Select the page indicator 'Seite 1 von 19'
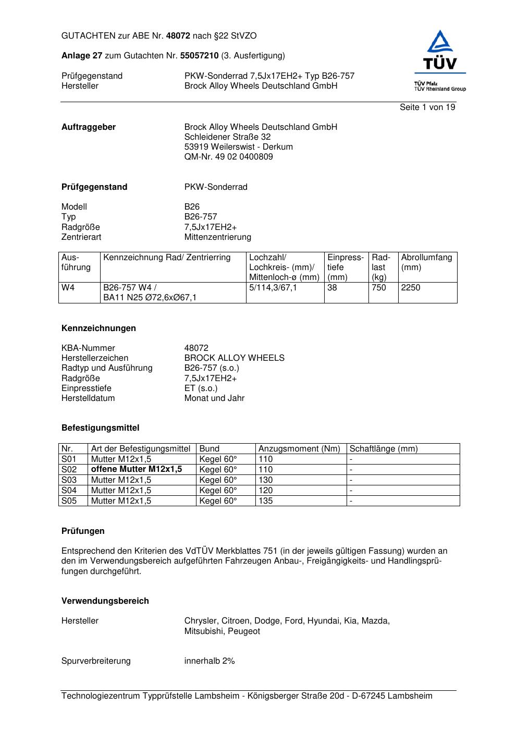(427, 107)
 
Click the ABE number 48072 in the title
(178, 36)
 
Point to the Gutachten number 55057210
(199, 56)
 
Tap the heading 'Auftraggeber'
(89, 127)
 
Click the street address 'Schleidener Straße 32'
(227, 137)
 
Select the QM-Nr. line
(228, 157)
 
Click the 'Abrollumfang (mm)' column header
(426, 262)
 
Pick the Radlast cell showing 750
(379, 288)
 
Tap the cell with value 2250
(411, 288)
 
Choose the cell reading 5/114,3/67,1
(273, 288)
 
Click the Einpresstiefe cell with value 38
(332, 288)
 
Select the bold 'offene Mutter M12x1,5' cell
(137, 469)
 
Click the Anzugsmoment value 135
(265, 501)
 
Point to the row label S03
(69, 480)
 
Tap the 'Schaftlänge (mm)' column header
(384, 449)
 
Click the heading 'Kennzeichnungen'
(99, 328)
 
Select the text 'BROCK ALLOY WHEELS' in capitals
(234, 358)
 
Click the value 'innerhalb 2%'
(210, 661)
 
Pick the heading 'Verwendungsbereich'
(105, 601)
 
